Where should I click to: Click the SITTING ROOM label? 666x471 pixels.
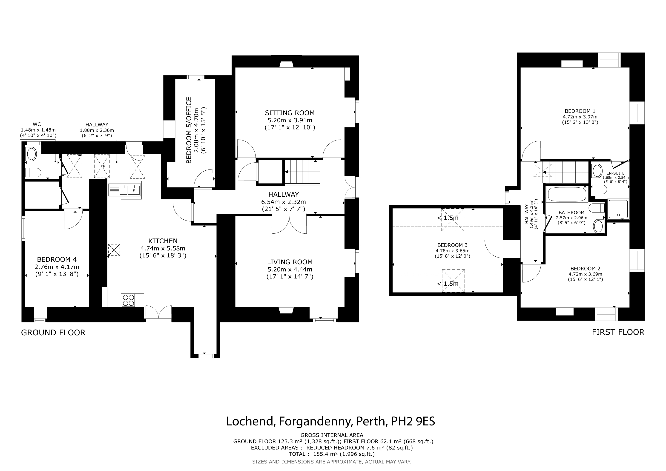click(290, 113)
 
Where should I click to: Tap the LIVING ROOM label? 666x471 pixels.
click(290, 262)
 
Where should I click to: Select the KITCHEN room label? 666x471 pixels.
click(163, 241)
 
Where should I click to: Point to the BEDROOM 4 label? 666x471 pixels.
click(57, 259)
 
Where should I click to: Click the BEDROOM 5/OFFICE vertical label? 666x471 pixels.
click(189, 130)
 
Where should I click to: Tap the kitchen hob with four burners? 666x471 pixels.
click(129, 300)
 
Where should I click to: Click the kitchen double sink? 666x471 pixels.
click(125, 190)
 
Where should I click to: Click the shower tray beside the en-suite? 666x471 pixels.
click(618, 209)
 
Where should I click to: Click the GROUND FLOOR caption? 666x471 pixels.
click(53, 333)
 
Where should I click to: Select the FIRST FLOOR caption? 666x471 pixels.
click(618, 332)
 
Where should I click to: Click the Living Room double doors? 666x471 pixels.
click(289, 224)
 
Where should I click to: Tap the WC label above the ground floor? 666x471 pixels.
click(37, 125)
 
